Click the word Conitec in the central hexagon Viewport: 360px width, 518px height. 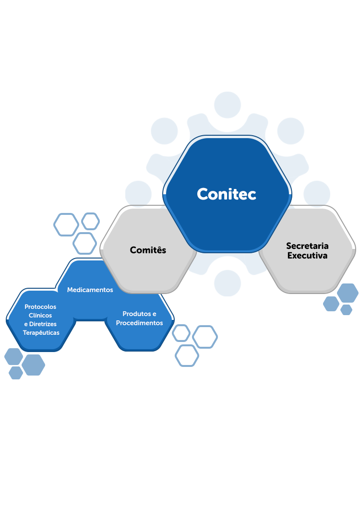[x=227, y=194]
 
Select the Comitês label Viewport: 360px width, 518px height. [x=148, y=250]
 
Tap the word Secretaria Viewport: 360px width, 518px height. [x=307, y=246]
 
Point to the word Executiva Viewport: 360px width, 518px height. [x=307, y=256]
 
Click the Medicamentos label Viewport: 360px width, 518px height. [x=90, y=290]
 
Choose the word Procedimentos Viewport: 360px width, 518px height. [x=140, y=323]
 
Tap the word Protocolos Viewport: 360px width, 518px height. [x=40, y=306]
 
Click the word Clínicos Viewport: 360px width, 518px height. [x=40, y=315]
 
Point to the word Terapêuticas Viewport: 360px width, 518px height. [x=41, y=332]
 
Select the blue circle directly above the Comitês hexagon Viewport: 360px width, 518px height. [x=139, y=194]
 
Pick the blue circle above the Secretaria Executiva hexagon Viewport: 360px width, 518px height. [x=316, y=194]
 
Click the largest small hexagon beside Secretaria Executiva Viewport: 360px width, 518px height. [x=348, y=293]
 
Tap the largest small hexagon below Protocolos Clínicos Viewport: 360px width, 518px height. [x=33, y=365]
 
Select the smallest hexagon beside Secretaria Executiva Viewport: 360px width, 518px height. [x=347, y=309]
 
